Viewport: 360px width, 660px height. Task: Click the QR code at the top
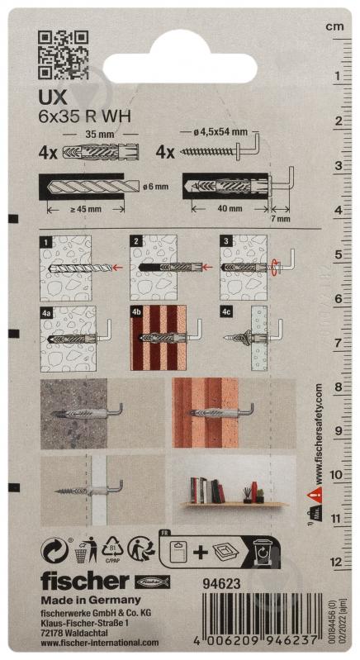pyautogui.click(x=64, y=54)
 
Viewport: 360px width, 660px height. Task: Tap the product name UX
pyautogui.click(x=52, y=96)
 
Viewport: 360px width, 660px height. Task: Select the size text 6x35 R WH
pyautogui.click(x=85, y=115)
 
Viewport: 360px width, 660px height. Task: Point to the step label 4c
pyautogui.click(x=225, y=313)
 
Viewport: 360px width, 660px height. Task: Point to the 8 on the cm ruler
pyautogui.click(x=337, y=387)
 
